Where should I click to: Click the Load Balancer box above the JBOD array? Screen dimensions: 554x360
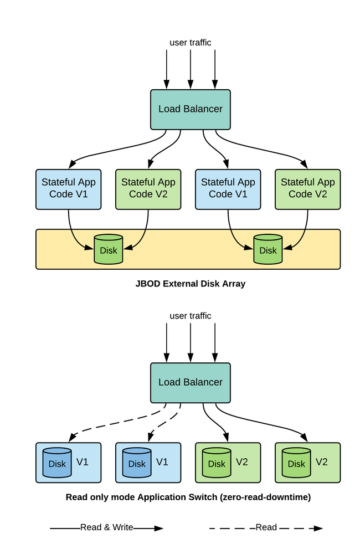pos(191,109)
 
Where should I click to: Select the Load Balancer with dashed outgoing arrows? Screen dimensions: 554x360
pos(191,382)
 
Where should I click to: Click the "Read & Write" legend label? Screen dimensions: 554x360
pos(106,527)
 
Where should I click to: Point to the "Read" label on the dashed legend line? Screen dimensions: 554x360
pos(266,527)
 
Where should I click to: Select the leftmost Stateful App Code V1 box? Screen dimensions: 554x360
pos(69,188)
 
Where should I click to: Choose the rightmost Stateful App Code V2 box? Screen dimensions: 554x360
pos(308,188)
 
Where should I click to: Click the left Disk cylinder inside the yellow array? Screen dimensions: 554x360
pos(109,249)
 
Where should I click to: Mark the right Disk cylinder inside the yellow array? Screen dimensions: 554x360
pos(268,249)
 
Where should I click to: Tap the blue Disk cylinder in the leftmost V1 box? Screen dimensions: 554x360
pos(57,463)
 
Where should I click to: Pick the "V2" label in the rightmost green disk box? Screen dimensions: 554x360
pos(322,461)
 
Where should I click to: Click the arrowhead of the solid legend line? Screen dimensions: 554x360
pos(159,529)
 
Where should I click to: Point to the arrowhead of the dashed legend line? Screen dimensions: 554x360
pos(318,529)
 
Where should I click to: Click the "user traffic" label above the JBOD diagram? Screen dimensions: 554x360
pos(191,42)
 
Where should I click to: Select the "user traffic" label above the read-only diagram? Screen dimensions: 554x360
pos(191,316)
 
